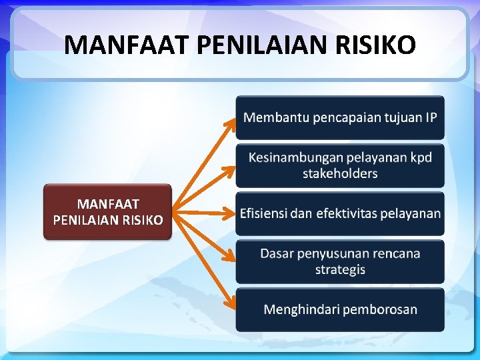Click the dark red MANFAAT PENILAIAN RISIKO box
tap(107, 211)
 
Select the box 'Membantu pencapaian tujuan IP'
tap(339, 118)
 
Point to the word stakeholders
tap(340, 174)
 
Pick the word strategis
tap(340, 270)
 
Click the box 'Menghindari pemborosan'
tap(339, 309)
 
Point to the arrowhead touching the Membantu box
tap(231, 121)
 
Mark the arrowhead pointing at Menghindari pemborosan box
tap(231, 305)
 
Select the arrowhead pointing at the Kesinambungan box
tap(230, 167)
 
